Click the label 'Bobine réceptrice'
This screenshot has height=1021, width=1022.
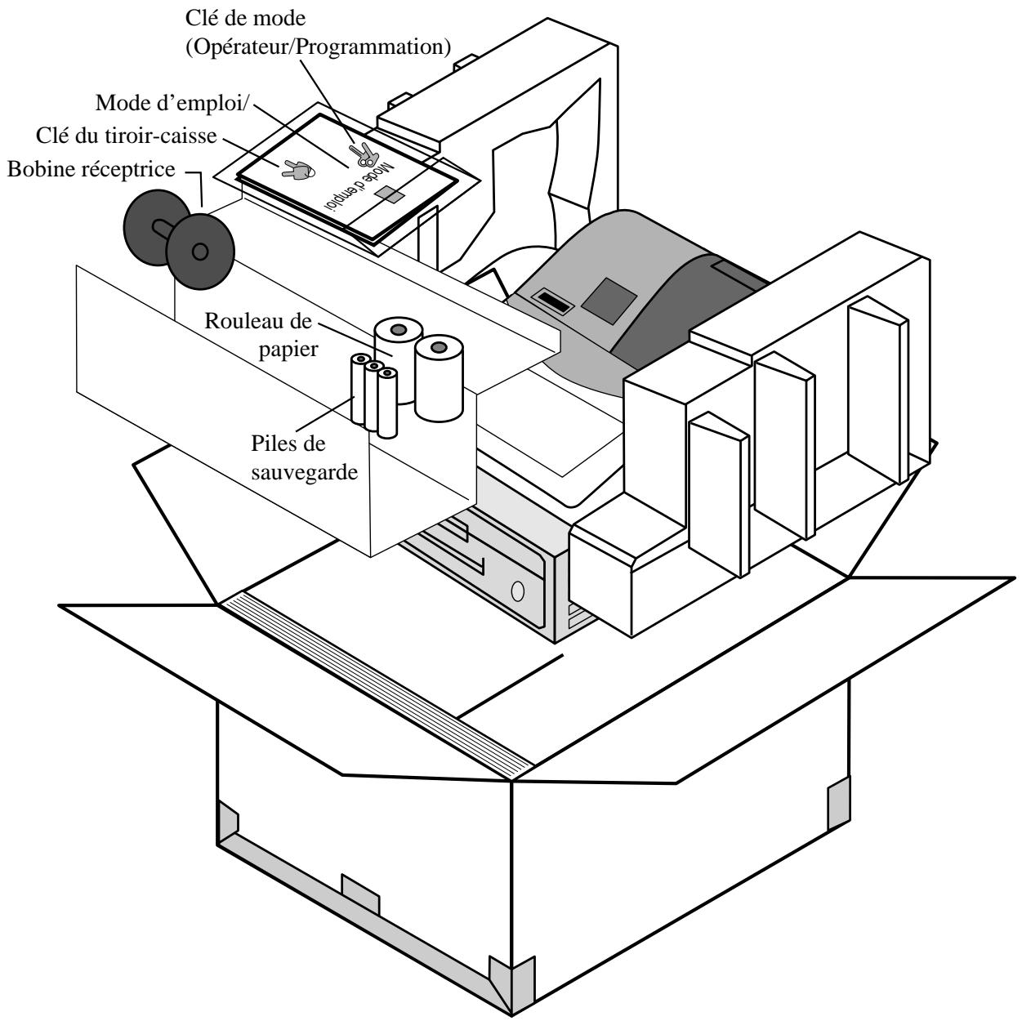click(x=91, y=169)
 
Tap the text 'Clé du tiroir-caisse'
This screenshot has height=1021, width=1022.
click(x=127, y=136)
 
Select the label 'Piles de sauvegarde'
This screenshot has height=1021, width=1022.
click(x=304, y=457)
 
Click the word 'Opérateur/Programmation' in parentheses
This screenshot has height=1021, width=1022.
click(x=319, y=47)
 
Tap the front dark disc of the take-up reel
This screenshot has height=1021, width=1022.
click(x=200, y=252)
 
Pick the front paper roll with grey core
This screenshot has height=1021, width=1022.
click(x=439, y=377)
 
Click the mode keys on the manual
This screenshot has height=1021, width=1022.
click(x=364, y=155)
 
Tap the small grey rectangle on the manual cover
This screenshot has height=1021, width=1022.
click(x=390, y=194)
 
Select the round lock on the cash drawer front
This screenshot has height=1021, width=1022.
click(x=518, y=591)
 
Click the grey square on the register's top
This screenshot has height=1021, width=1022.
click(x=609, y=301)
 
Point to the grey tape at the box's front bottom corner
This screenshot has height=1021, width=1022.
click(x=511, y=984)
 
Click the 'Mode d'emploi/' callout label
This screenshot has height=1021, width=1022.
click(x=172, y=103)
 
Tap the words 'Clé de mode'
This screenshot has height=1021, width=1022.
click(x=245, y=18)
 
